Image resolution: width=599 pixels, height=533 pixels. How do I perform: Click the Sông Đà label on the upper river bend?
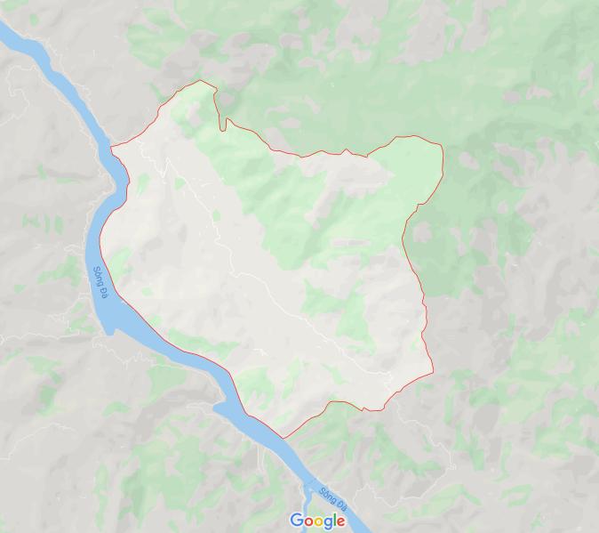point(100,284)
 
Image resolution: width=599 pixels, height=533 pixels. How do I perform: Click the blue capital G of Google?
point(296,521)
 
